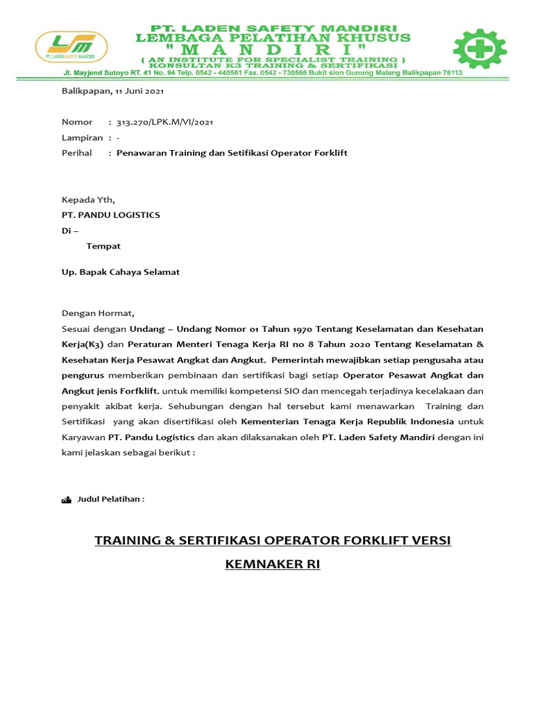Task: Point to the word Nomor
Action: [x=77, y=122]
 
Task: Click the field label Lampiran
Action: [x=82, y=137]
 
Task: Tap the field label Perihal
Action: [x=77, y=153]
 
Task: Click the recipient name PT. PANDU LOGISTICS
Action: [x=111, y=215]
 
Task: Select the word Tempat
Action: [x=103, y=246]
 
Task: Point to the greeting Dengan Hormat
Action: [x=98, y=313]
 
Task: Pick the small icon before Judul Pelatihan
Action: [x=67, y=499]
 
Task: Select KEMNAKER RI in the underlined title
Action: [x=273, y=564]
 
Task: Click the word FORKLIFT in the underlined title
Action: [x=353, y=540]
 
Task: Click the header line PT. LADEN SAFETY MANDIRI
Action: [x=273, y=24]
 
